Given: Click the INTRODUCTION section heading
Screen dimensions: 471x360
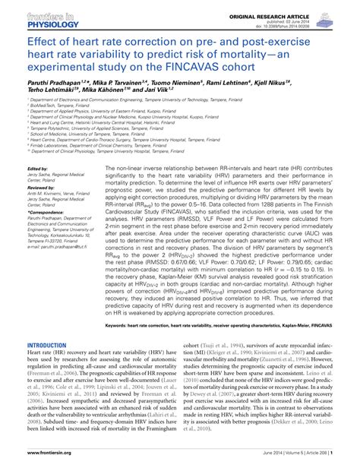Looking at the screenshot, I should pyautogui.click(x=48, y=344).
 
